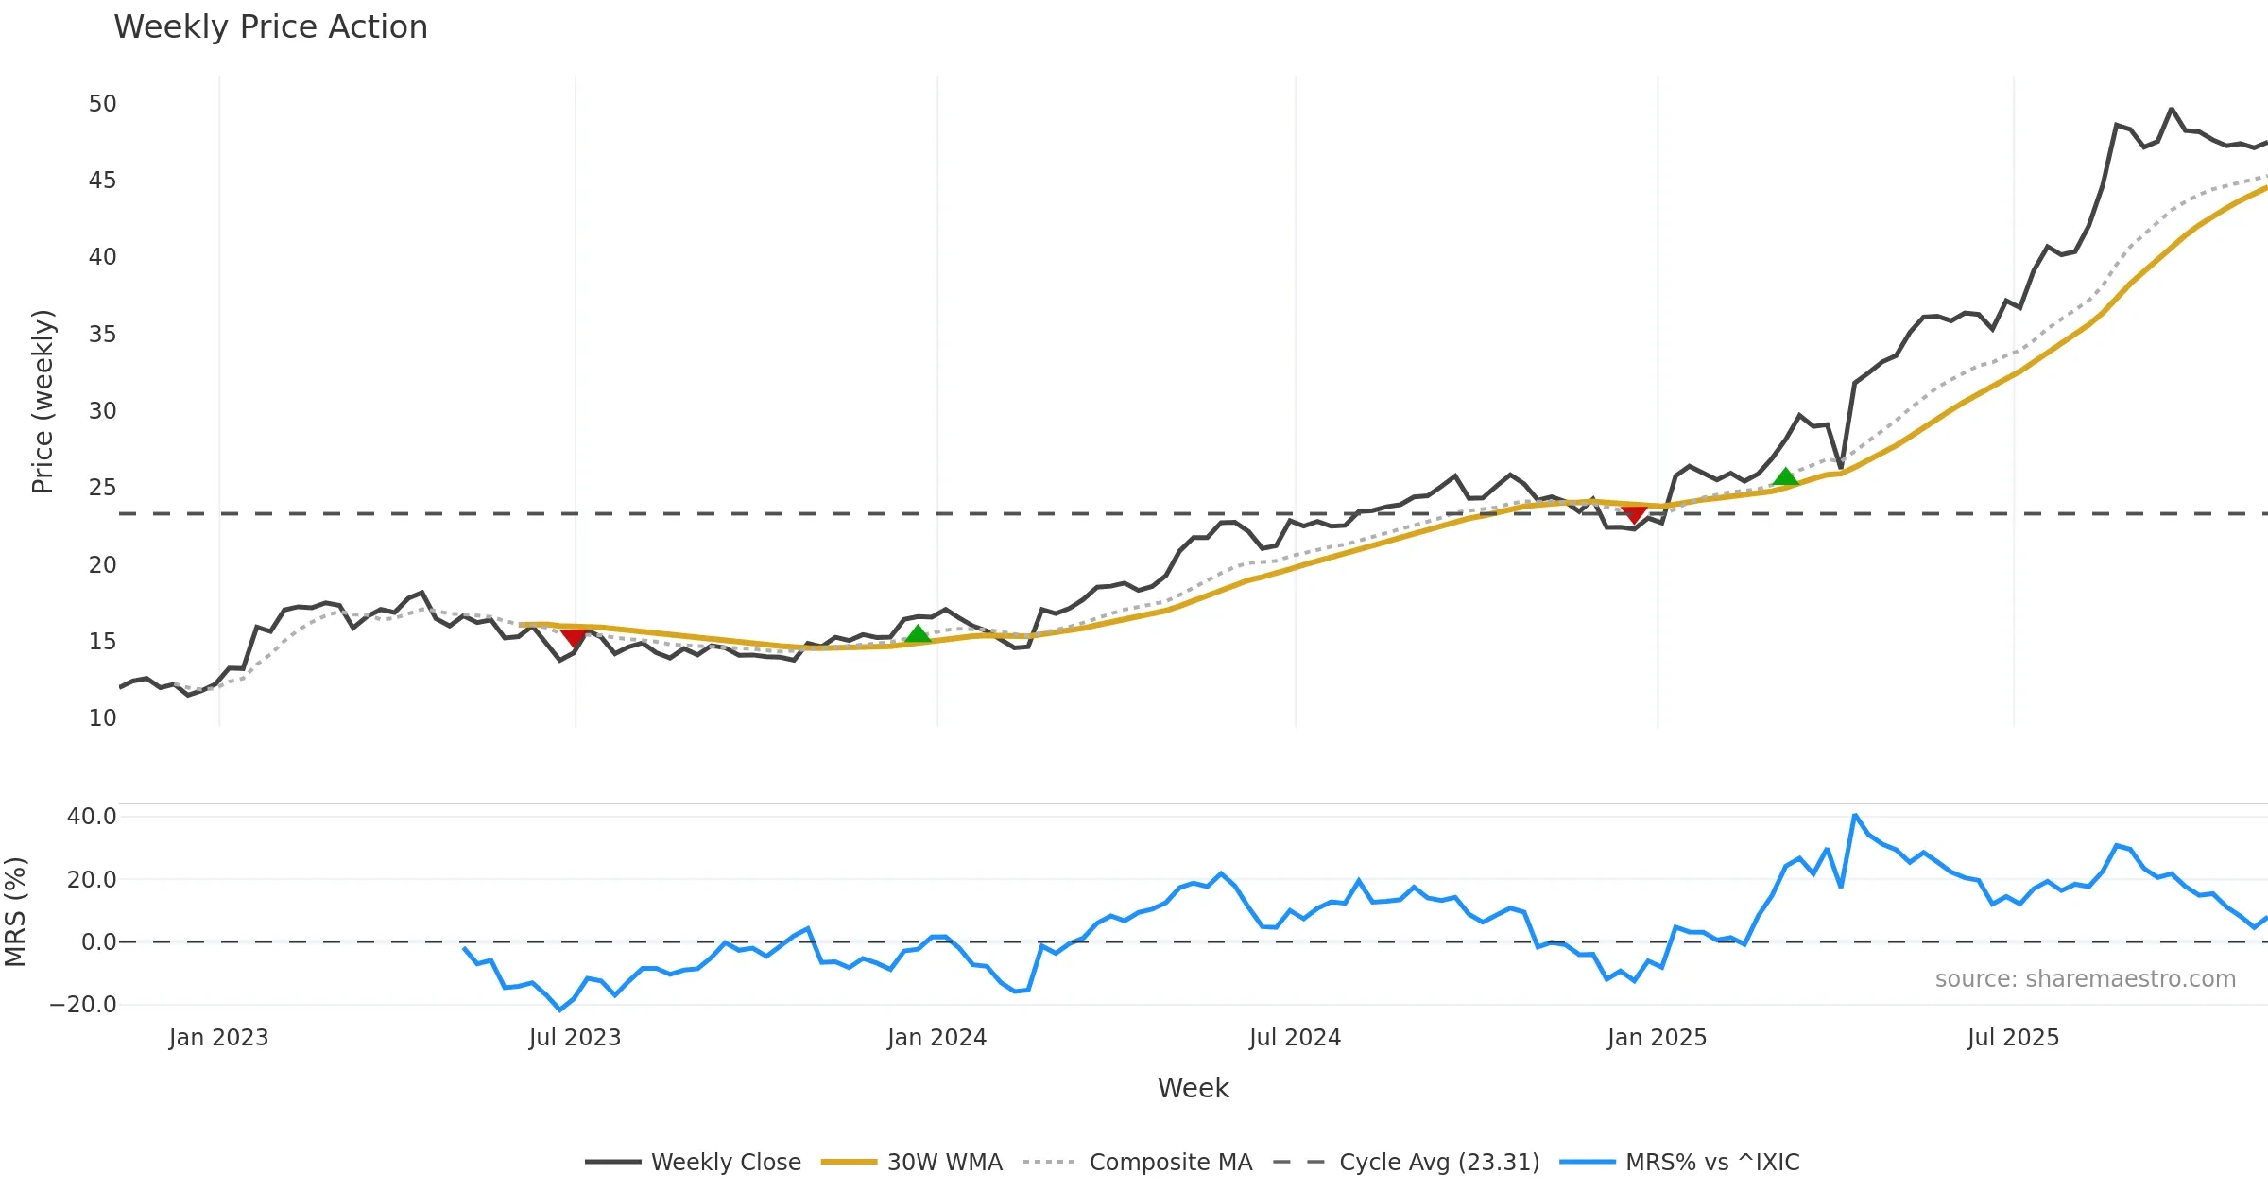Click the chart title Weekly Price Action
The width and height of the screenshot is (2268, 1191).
[x=270, y=27]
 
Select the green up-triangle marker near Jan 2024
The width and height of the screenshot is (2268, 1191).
[x=918, y=634]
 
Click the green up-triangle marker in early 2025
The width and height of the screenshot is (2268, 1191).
[x=1785, y=477]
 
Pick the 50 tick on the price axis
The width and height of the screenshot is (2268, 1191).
[x=102, y=104]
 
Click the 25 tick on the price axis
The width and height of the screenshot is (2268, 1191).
[x=102, y=488]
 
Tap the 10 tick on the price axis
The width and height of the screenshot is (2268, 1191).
[x=102, y=718]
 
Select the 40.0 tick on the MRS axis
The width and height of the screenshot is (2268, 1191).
[x=91, y=817]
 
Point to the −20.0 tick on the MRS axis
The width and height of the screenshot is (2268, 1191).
[x=83, y=1005]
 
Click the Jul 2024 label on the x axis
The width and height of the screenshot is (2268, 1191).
[x=1295, y=1038]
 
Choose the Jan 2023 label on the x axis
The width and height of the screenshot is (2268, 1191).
[x=218, y=1038]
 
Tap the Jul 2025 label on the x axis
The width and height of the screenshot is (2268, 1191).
[x=2013, y=1038]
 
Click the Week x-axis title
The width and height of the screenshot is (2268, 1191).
[x=1193, y=1089]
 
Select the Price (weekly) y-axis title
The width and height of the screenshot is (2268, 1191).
[x=43, y=402]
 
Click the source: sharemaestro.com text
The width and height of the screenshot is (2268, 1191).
[x=2085, y=979]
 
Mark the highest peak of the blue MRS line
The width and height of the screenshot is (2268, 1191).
[x=1855, y=815]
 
